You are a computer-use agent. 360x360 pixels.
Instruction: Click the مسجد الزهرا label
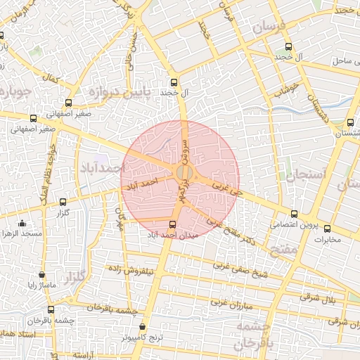[x=22, y=233]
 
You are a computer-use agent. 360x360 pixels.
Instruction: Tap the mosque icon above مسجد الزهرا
[x=22, y=224]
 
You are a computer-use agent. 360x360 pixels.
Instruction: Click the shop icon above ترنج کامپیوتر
[x=143, y=327]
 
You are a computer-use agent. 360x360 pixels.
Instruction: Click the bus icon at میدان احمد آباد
[x=173, y=224]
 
